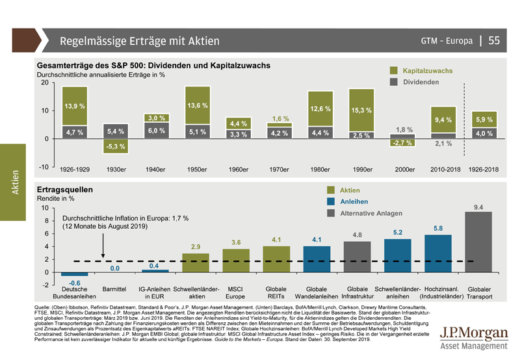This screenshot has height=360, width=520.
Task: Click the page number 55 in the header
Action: [x=494, y=41]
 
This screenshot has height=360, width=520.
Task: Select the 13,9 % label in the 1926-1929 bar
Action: [x=74, y=105]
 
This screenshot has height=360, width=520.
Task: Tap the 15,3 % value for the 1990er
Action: [x=361, y=110]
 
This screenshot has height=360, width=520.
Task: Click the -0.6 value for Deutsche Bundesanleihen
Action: [x=74, y=283]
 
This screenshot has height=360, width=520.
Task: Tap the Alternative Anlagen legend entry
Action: [x=370, y=213]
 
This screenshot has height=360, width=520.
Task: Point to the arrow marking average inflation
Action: [x=104, y=246]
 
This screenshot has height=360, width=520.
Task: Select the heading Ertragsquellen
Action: [x=64, y=188]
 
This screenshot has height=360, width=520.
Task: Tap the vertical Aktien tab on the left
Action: [x=14, y=181]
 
